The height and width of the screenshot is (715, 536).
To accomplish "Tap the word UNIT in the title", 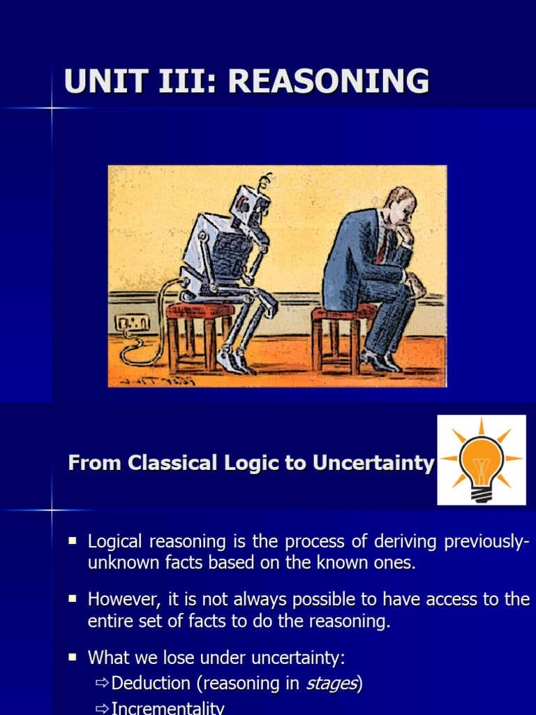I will click(101, 82).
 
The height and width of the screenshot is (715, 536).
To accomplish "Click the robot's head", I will click(251, 203).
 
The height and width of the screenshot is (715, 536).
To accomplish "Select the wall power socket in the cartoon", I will click(133, 323).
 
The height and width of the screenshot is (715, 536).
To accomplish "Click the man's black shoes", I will click(380, 361).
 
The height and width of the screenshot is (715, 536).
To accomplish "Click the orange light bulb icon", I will click(481, 460).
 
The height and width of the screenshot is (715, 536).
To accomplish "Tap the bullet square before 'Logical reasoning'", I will click(73, 540).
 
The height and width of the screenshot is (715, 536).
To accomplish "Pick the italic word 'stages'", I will click(332, 684).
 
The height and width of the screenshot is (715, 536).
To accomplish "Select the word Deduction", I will click(151, 684).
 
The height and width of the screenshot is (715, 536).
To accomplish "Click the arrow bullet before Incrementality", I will click(102, 709).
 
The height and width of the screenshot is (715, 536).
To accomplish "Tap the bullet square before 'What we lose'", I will click(73, 657).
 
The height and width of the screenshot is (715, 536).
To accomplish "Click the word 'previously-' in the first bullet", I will click(482, 542).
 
